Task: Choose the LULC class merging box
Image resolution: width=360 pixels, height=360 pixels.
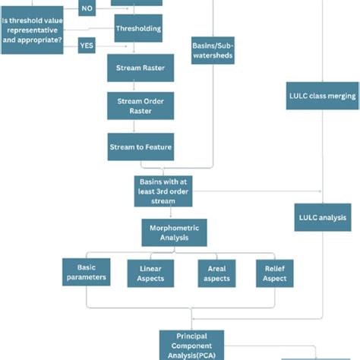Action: pos(322,96)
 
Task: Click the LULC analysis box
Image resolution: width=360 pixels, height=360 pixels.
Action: pos(322,216)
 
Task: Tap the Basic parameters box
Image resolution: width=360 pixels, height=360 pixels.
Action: pos(86,273)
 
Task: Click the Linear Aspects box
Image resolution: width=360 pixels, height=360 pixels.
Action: pos(150,274)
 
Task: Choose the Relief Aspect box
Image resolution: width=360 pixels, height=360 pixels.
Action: pos(275,274)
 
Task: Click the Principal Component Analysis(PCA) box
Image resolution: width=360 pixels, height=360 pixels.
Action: pos(191,344)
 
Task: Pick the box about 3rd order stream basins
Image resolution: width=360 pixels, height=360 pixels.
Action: pos(164,191)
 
